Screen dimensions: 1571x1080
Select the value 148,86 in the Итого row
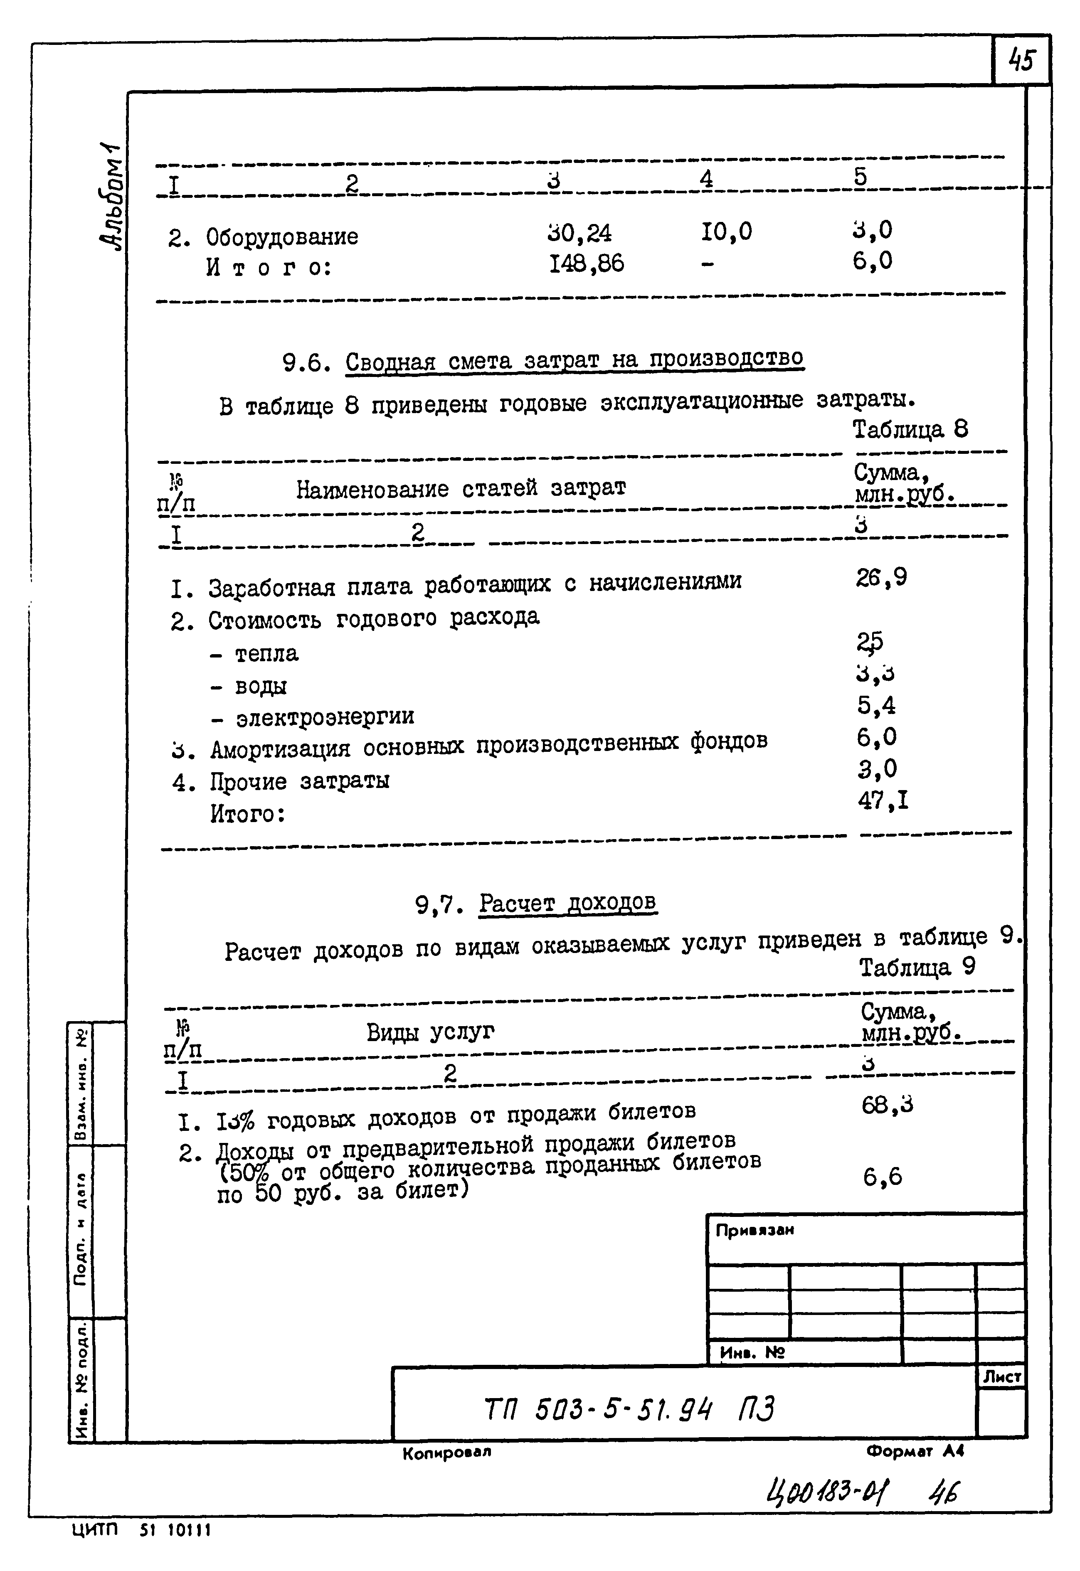pos(586,263)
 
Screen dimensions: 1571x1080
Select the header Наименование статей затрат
pos(461,488)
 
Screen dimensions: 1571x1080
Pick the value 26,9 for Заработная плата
pos(881,577)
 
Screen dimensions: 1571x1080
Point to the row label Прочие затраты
pos(299,781)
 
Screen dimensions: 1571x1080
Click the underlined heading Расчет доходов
pos(567,903)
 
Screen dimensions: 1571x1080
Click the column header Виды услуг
pos(430,1032)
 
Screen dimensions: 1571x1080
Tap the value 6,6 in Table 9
pos(882,1177)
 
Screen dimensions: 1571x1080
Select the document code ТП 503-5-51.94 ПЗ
pos(629,1410)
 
